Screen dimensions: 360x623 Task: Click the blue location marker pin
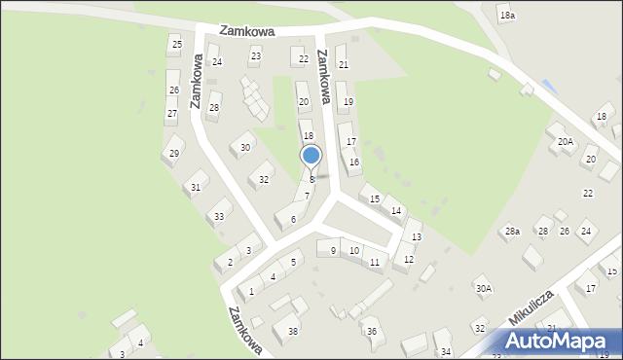311,156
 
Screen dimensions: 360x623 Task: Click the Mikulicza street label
530,306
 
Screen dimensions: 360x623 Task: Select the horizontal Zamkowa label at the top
246,31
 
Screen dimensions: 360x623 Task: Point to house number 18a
506,16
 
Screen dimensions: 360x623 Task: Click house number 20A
565,141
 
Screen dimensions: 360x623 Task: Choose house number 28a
512,231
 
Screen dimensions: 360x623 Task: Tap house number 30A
483,289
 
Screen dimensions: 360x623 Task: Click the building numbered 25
176,45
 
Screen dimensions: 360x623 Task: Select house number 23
256,56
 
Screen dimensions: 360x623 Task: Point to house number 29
174,154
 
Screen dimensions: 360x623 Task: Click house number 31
196,187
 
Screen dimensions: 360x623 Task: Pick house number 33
220,216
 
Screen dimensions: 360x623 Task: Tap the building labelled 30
245,148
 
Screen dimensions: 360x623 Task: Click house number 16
354,162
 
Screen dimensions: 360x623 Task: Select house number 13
417,237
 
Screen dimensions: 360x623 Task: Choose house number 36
371,332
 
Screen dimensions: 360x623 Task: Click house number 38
293,332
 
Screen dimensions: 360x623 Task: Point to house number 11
376,262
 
